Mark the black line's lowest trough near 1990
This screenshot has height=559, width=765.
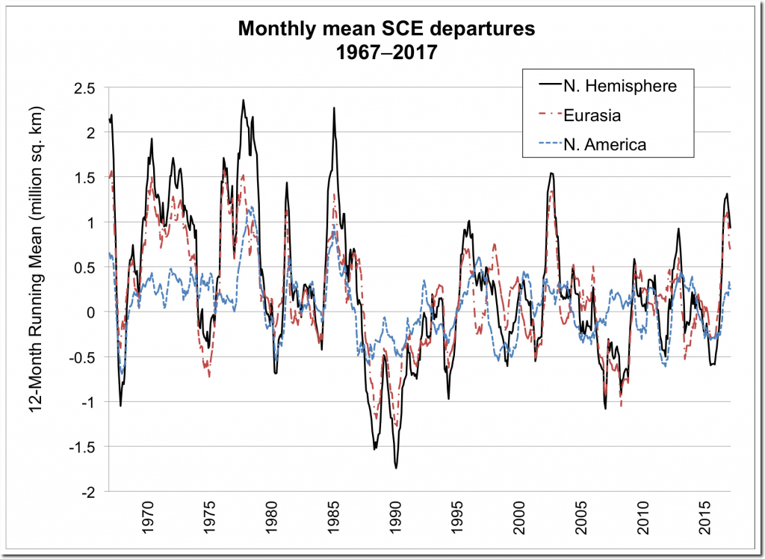point(396,468)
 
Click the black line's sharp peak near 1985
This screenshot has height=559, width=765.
point(334,108)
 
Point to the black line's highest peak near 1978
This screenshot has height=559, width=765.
point(243,100)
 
